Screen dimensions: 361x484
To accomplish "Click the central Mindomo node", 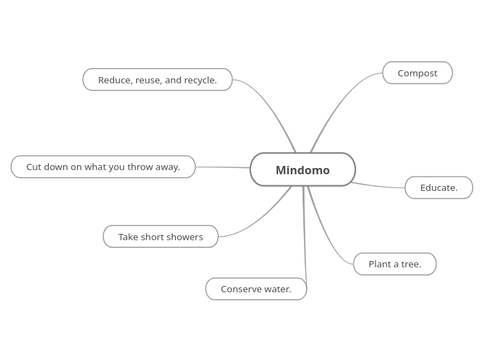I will click(x=302, y=170).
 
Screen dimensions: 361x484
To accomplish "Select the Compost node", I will click(x=417, y=73).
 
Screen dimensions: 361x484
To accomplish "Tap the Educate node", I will click(x=439, y=187).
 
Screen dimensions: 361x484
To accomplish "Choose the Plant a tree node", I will click(x=394, y=264).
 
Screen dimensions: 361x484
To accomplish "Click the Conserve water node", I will click(x=256, y=289).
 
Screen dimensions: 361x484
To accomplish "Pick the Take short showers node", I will click(x=161, y=237).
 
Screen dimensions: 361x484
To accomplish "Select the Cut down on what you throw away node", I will click(x=103, y=167).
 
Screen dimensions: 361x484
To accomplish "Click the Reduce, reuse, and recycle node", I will click(x=157, y=80).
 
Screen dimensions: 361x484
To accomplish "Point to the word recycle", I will click(x=200, y=80).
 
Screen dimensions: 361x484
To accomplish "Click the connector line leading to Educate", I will click(x=379, y=186).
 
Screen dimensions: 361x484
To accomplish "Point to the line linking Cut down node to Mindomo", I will click(x=223, y=167).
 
